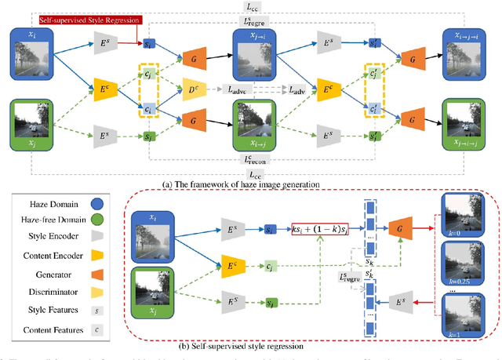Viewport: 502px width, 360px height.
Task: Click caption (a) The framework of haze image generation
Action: click(x=240, y=184)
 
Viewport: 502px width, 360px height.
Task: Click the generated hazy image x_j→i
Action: click(x=256, y=56)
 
